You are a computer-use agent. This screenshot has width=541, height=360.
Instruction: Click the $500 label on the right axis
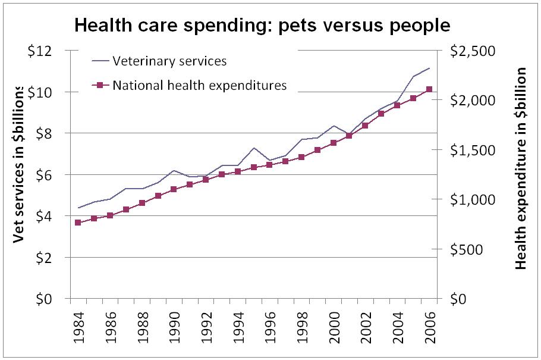(x=470, y=249)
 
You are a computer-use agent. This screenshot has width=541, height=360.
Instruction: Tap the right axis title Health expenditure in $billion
(x=521, y=168)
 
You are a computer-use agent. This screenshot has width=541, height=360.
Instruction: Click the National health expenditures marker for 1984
(x=78, y=223)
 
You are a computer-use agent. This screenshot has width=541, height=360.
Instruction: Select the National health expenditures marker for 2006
(x=429, y=89)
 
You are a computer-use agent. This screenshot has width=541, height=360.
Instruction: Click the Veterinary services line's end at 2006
(x=429, y=68)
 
